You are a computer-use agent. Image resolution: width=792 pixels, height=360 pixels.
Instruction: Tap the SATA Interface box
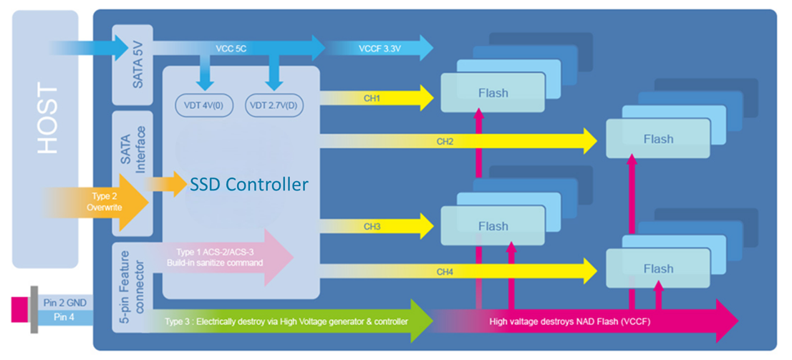[x=132, y=172]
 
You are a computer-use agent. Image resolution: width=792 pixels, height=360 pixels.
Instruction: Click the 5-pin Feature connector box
[x=132, y=286]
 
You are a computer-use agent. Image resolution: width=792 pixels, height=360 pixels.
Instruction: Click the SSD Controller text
[x=249, y=184]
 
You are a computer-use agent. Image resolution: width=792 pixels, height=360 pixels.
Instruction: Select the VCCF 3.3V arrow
[x=380, y=49]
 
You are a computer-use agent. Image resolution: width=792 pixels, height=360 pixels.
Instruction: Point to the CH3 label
[x=372, y=227]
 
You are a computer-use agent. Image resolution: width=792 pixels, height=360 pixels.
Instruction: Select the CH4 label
[x=445, y=271]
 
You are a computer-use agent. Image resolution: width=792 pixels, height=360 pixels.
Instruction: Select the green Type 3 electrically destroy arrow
[x=286, y=321]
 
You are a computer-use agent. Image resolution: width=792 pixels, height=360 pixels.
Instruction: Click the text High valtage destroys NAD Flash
[x=569, y=321]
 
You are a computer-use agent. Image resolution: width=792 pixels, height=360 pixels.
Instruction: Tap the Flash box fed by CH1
[x=493, y=92]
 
